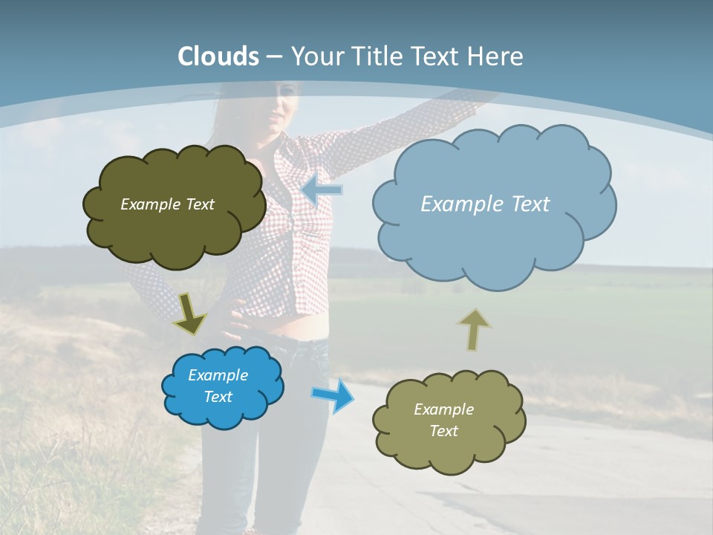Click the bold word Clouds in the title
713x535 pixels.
(218, 56)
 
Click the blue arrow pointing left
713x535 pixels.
(322, 189)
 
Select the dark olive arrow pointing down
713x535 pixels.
(190, 313)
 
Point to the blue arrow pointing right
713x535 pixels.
(333, 395)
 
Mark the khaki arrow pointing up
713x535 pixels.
(473, 329)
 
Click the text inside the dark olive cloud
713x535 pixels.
(167, 204)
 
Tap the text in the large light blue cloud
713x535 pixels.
(485, 204)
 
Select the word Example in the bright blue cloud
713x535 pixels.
(218, 375)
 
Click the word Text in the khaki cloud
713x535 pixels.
(443, 431)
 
